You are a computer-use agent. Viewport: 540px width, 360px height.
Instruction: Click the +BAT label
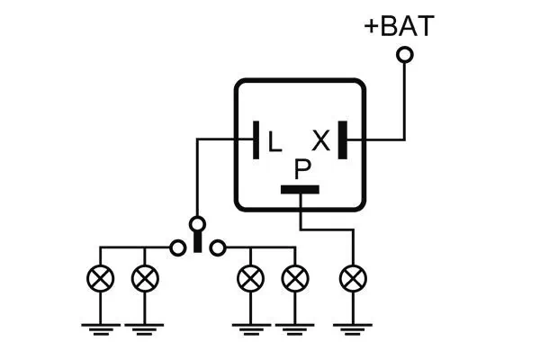tap(398, 26)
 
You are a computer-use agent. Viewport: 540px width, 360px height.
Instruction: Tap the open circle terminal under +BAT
tap(405, 56)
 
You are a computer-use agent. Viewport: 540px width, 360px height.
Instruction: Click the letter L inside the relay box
tap(274, 139)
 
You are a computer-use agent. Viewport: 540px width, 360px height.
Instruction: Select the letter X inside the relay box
tap(320, 139)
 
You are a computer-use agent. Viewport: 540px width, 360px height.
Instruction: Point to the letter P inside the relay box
tap(302, 168)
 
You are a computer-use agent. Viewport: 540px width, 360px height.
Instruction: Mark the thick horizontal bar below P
tap(301, 190)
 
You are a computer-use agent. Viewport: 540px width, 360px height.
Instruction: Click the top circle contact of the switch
tap(197, 222)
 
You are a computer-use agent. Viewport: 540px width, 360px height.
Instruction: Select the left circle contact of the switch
tap(177, 246)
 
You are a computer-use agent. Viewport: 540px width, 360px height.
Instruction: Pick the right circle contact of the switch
tap(217, 246)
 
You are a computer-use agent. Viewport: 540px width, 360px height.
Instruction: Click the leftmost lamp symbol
tap(100, 279)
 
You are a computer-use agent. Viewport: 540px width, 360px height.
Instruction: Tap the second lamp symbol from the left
tap(143, 279)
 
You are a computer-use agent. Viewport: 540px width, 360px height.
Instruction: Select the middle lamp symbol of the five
tap(249, 279)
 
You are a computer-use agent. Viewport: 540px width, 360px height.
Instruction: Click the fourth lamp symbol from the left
tap(292, 279)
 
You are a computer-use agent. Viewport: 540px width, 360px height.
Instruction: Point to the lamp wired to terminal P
tap(351, 279)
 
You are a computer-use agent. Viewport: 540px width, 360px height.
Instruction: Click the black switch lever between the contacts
tap(197, 241)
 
